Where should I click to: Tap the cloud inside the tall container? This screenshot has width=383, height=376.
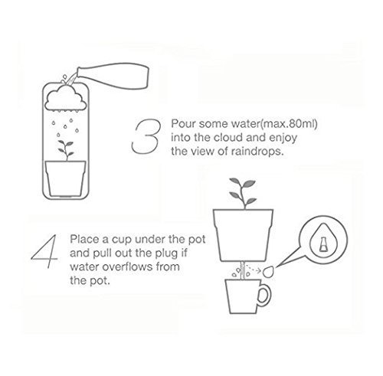pyautogui.click(x=66, y=99)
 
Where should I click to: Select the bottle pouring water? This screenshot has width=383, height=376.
pyautogui.click(x=113, y=76)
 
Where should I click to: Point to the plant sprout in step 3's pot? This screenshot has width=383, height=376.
pyautogui.click(x=66, y=150)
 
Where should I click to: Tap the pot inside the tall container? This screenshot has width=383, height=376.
pyautogui.click(x=65, y=178)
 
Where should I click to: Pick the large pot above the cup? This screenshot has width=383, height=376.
pyautogui.click(x=243, y=235)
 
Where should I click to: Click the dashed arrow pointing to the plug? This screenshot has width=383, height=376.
pyautogui.click(x=254, y=269)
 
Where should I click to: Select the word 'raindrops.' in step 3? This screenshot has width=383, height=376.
pyautogui.click(x=257, y=152)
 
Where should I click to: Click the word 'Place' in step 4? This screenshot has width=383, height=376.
pyautogui.click(x=85, y=240)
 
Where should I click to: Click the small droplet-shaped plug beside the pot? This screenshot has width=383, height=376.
pyautogui.click(x=268, y=271)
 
